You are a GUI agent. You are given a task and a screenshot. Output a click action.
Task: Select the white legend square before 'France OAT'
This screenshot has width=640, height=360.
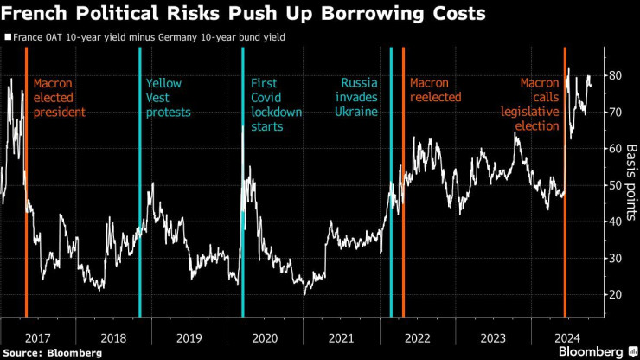coord(8,37)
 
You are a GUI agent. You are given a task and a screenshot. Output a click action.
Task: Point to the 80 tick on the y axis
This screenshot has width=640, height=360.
coord(615,75)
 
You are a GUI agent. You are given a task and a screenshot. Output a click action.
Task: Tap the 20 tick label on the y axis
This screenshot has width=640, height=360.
coord(615,294)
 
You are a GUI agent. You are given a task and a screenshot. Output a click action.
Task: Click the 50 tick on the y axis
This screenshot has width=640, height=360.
coord(615,185)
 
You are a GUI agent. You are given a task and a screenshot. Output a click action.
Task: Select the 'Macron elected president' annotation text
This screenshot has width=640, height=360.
coord(60,98)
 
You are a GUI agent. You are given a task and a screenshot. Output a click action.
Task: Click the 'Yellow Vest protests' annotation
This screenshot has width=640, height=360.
coord(168,98)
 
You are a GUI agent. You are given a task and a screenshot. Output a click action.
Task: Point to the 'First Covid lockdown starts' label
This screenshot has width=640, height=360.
coord(276,105)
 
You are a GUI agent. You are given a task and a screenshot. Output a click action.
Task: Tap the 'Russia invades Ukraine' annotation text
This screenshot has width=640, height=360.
coord(359,98)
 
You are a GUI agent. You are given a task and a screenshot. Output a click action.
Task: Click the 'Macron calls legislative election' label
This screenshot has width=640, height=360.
coord(529,105)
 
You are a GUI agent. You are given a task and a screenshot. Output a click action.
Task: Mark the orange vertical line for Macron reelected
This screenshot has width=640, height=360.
coord(403,190)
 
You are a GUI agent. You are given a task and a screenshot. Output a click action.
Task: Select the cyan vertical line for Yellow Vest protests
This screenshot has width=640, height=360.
coord(139,190)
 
